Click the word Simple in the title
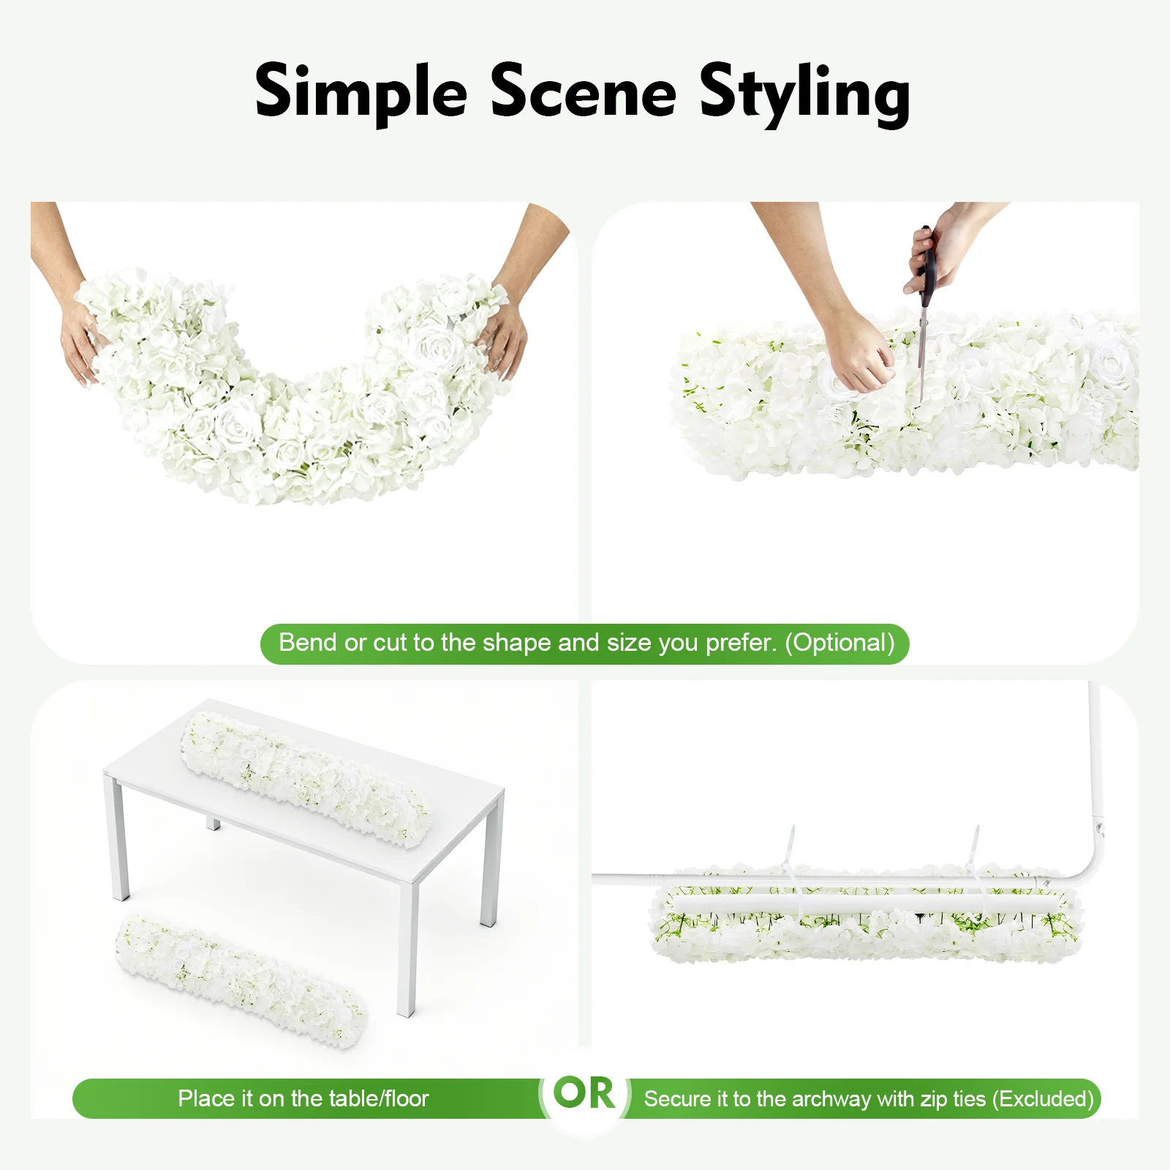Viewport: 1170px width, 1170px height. pyautogui.click(x=361, y=94)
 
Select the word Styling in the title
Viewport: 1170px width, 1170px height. pyautogui.click(x=804, y=95)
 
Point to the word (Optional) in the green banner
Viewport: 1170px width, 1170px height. pyautogui.click(x=840, y=643)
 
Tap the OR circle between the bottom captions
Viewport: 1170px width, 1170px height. pyautogui.click(x=584, y=1093)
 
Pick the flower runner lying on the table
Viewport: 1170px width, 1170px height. pyautogui.click(x=306, y=780)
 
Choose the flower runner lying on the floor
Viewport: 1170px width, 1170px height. pyautogui.click(x=241, y=980)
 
